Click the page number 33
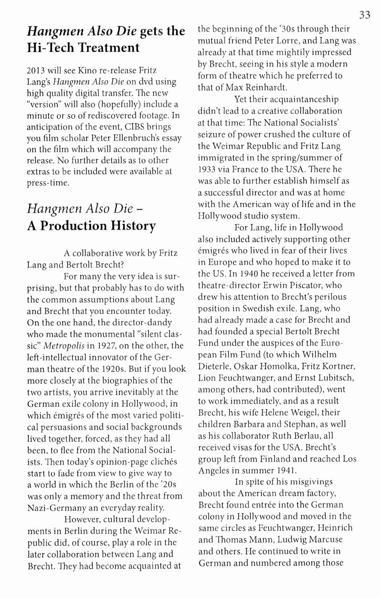(365, 15)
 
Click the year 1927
(107, 346)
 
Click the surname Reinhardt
(269, 88)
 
